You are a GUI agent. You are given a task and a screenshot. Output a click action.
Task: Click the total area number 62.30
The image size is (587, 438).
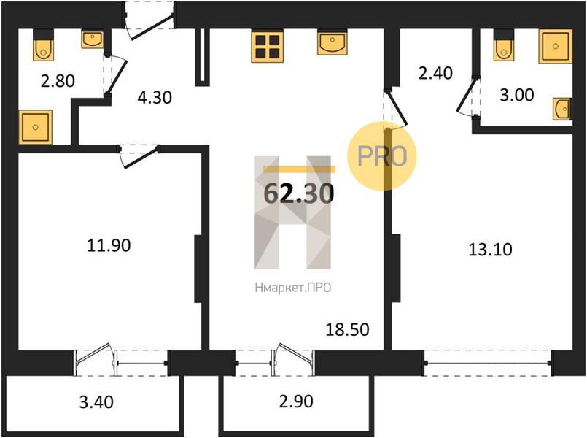[299, 193]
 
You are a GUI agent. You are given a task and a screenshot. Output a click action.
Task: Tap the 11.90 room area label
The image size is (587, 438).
[109, 246]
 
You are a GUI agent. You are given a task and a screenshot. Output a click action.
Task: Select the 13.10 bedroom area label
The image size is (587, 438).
[490, 249]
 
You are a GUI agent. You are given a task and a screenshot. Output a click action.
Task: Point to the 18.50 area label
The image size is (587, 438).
[347, 330]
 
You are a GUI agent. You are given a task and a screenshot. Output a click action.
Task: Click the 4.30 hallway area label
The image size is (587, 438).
[155, 98]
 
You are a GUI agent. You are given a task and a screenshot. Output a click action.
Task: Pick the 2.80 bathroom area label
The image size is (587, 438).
[58, 81]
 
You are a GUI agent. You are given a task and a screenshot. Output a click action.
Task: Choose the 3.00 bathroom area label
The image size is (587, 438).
[516, 95]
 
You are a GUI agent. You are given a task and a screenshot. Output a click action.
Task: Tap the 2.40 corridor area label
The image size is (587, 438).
[435, 73]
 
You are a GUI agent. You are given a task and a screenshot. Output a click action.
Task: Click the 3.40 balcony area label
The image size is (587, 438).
[96, 402]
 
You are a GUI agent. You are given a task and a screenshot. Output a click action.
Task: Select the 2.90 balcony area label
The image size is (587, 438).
[296, 401]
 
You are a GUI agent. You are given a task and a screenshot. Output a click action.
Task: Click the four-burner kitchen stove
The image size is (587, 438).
[268, 47]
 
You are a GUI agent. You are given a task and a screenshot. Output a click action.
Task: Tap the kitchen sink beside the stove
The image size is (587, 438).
[332, 43]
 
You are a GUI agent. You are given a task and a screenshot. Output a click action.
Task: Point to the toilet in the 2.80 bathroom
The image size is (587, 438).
[44, 46]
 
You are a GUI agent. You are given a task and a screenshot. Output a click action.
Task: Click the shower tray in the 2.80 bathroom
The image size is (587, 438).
[35, 127]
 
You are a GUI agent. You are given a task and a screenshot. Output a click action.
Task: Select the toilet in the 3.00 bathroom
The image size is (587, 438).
[504, 46]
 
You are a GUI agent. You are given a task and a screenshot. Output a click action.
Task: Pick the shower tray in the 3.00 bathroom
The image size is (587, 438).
[555, 46]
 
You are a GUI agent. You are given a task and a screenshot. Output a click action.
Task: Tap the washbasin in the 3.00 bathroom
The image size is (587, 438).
[562, 109]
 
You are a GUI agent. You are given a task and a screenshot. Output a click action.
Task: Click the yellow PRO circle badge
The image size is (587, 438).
[382, 156]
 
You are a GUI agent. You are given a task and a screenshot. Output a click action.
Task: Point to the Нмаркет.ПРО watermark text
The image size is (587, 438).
[292, 288]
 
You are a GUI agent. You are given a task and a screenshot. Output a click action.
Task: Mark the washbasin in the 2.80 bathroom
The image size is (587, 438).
[93, 39]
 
